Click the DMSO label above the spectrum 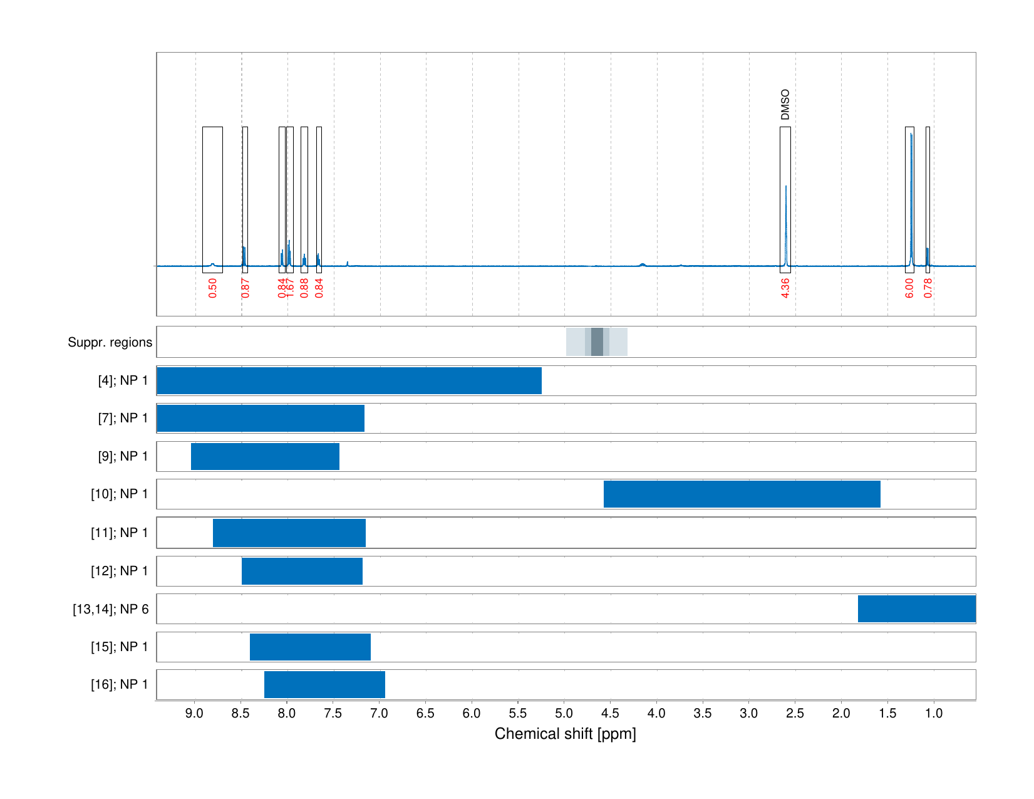pos(785,105)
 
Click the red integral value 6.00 pos(909,288)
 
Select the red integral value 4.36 pos(785,288)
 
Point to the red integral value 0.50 pos(213,288)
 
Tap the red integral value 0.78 pos(928,288)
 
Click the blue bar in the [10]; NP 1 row pos(742,494)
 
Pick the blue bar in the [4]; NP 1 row pos(349,380)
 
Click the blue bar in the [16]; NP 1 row pos(324,684)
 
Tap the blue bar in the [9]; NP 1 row pos(265,456)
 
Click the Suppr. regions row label pos(110,342)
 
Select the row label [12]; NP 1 pos(119,571)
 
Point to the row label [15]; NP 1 pos(119,647)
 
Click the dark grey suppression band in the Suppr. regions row pos(597,342)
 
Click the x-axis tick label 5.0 pos(564,713)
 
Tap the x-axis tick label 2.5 pos(795,713)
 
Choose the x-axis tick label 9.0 pos(195,713)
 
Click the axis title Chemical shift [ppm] pos(565,734)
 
